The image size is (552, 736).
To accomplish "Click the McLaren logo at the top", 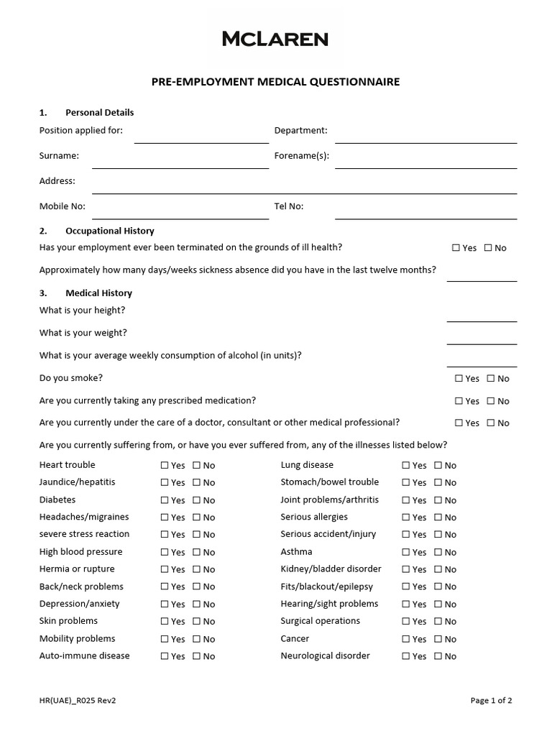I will click(x=275, y=39).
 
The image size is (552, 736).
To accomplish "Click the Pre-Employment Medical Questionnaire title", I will click(x=275, y=82).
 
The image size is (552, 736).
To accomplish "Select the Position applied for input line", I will click(x=201, y=137).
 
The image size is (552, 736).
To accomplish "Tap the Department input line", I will click(x=425, y=137).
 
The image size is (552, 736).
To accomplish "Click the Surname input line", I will click(x=180, y=162).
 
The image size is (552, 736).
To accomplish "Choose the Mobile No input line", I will click(x=180, y=212).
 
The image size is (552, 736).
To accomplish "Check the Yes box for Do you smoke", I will click(x=459, y=379).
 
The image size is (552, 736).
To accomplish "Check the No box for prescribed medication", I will click(x=490, y=401).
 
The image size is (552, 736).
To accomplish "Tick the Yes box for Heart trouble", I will click(x=165, y=466).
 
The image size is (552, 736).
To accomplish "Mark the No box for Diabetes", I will click(x=196, y=500).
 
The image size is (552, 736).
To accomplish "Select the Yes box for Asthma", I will click(x=406, y=553).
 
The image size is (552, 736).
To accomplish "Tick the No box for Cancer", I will click(x=438, y=639).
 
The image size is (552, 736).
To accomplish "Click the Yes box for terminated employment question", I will click(x=456, y=248).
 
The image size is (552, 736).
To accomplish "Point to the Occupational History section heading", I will click(x=109, y=231).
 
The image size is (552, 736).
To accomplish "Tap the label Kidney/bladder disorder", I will click(x=331, y=569).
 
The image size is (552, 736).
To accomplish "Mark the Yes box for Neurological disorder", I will click(x=406, y=656).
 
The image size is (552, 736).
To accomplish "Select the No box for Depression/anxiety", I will click(x=196, y=604).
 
